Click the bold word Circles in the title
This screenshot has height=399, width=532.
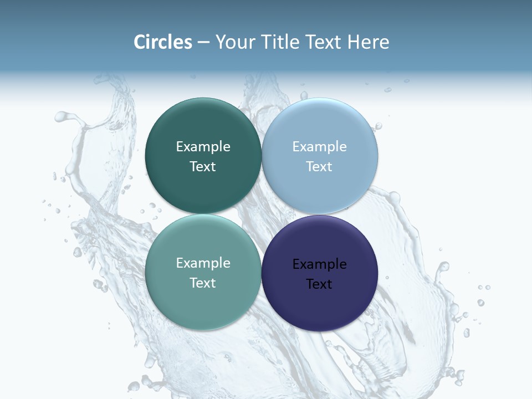[x=163, y=42]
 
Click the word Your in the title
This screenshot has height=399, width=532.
[x=234, y=42]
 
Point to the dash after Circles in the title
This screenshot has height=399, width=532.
[x=203, y=43]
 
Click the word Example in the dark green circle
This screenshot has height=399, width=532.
[x=203, y=146]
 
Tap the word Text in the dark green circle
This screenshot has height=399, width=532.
[x=203, y=166]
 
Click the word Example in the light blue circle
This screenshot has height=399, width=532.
[x=319, y=146]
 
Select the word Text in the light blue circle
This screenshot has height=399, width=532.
[x=319, y=166]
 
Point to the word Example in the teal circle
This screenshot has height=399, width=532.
[x=203, y=263]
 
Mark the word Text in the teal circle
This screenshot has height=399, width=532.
[x=203, y=283]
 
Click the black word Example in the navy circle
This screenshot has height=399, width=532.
[x=319, y=264]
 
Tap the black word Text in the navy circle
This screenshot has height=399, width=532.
[x=319, y=284]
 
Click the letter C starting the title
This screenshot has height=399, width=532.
[x=140, y=42]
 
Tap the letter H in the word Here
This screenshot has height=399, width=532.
[x=353, y=42]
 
